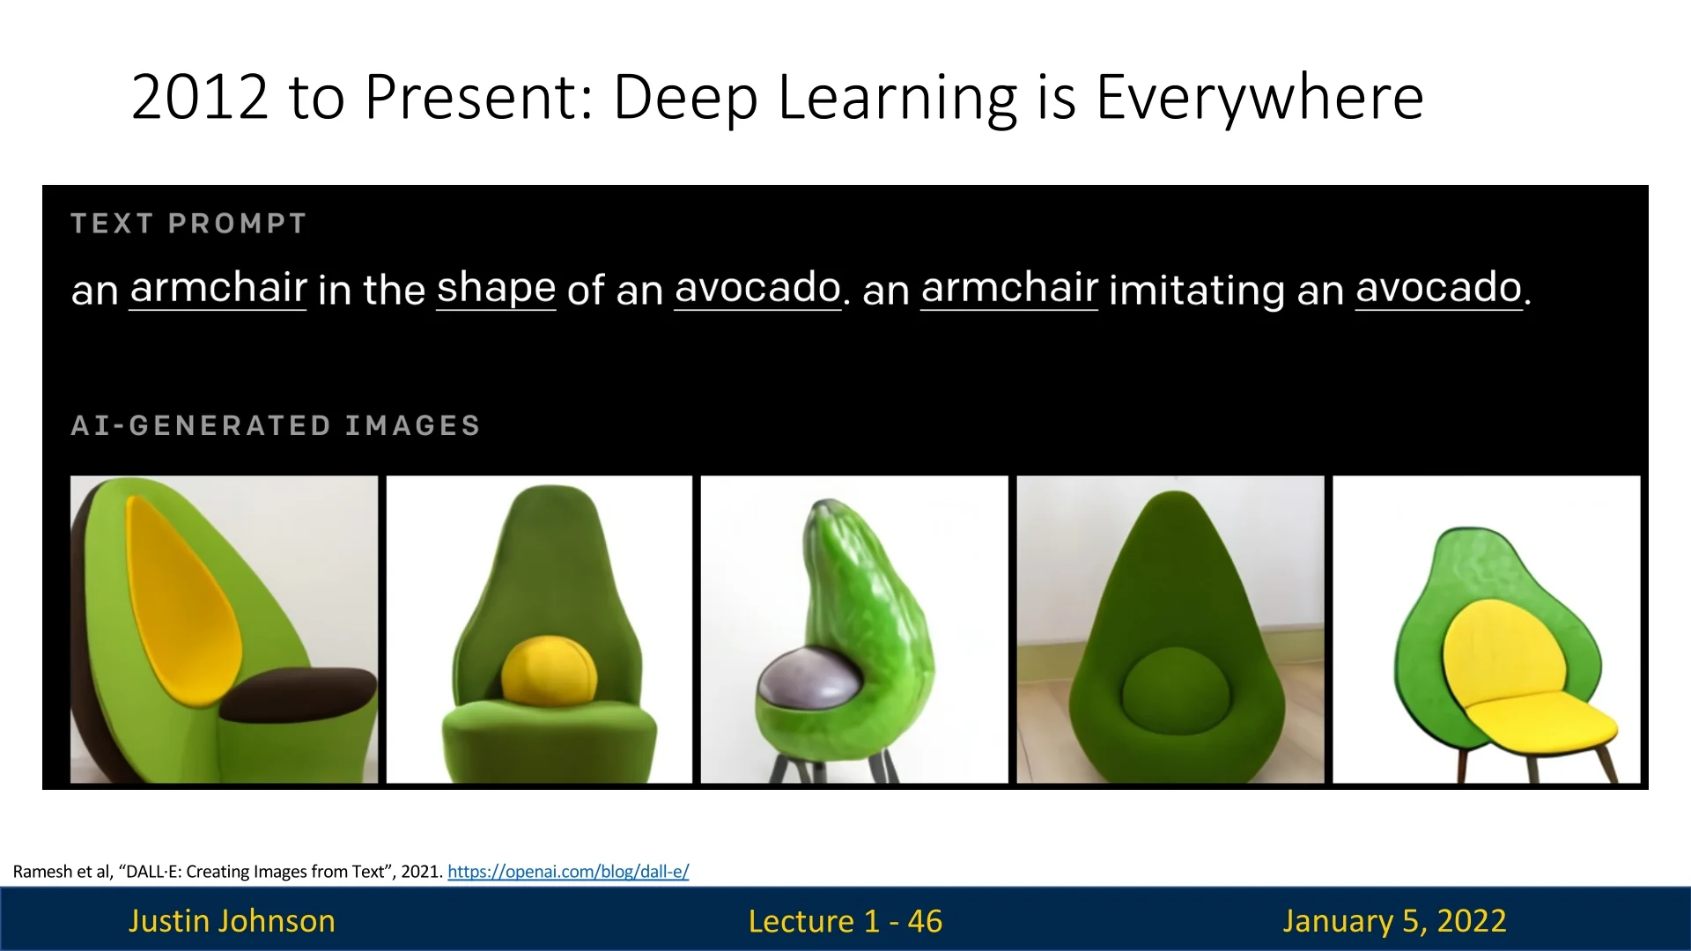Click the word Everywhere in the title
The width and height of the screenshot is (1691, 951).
tap(1259, 97)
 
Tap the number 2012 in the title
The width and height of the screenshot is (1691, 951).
tap(199, 97)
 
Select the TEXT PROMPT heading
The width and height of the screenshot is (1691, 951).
tap(188, 224)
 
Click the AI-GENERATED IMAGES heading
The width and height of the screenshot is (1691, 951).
tap(275, 426)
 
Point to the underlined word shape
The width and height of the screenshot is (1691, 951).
tap(496, 289)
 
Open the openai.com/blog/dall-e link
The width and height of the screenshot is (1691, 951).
tap(568, 872)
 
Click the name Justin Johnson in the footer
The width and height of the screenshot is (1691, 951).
tap(232, 921)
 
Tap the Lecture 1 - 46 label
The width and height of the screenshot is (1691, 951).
tap(845, 921)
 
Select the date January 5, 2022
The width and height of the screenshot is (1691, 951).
tap(1394, 921)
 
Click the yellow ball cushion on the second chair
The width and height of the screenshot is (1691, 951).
tap(549, 671)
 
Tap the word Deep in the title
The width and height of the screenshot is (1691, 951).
tap(685, 99)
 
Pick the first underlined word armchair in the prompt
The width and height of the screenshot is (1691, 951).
tap(218, 288)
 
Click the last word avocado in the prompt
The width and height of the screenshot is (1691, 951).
tap(1439, 288)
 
